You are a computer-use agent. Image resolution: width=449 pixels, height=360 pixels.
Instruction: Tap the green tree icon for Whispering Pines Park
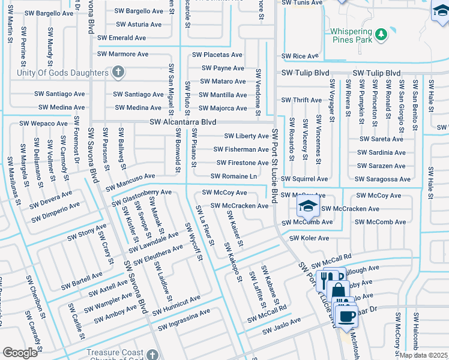381,35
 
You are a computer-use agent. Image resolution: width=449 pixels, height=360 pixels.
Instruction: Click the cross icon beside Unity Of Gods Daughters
119,73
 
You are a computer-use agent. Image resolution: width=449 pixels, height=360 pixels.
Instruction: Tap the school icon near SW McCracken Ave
307,208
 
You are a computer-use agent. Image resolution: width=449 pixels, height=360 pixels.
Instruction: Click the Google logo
20,353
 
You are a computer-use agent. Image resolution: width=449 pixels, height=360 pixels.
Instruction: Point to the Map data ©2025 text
424,355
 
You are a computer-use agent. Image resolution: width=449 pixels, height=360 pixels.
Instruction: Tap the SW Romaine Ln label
234,176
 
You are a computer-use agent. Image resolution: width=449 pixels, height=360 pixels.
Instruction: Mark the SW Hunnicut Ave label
176,305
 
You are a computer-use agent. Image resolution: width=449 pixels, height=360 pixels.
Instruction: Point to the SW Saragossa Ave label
382,179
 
